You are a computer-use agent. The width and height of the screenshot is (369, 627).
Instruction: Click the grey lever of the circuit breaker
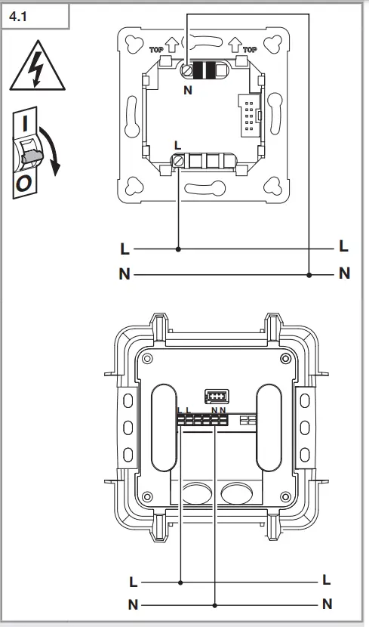[32, 156]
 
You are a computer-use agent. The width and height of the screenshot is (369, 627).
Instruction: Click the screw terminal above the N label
[186, 70]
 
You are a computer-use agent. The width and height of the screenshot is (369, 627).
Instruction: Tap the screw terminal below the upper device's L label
[179, 160]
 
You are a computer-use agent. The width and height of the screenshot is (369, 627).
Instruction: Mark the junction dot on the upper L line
[179, 248]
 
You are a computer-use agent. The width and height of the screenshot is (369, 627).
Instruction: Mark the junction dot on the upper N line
[309, 274]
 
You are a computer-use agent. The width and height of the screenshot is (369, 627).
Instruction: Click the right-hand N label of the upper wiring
[345, 274]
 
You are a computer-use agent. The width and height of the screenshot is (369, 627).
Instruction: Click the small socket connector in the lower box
[215, 396]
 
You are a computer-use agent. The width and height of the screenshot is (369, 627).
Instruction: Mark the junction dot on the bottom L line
[182, 582]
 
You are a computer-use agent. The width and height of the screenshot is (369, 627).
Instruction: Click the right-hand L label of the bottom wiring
[327, 581]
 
